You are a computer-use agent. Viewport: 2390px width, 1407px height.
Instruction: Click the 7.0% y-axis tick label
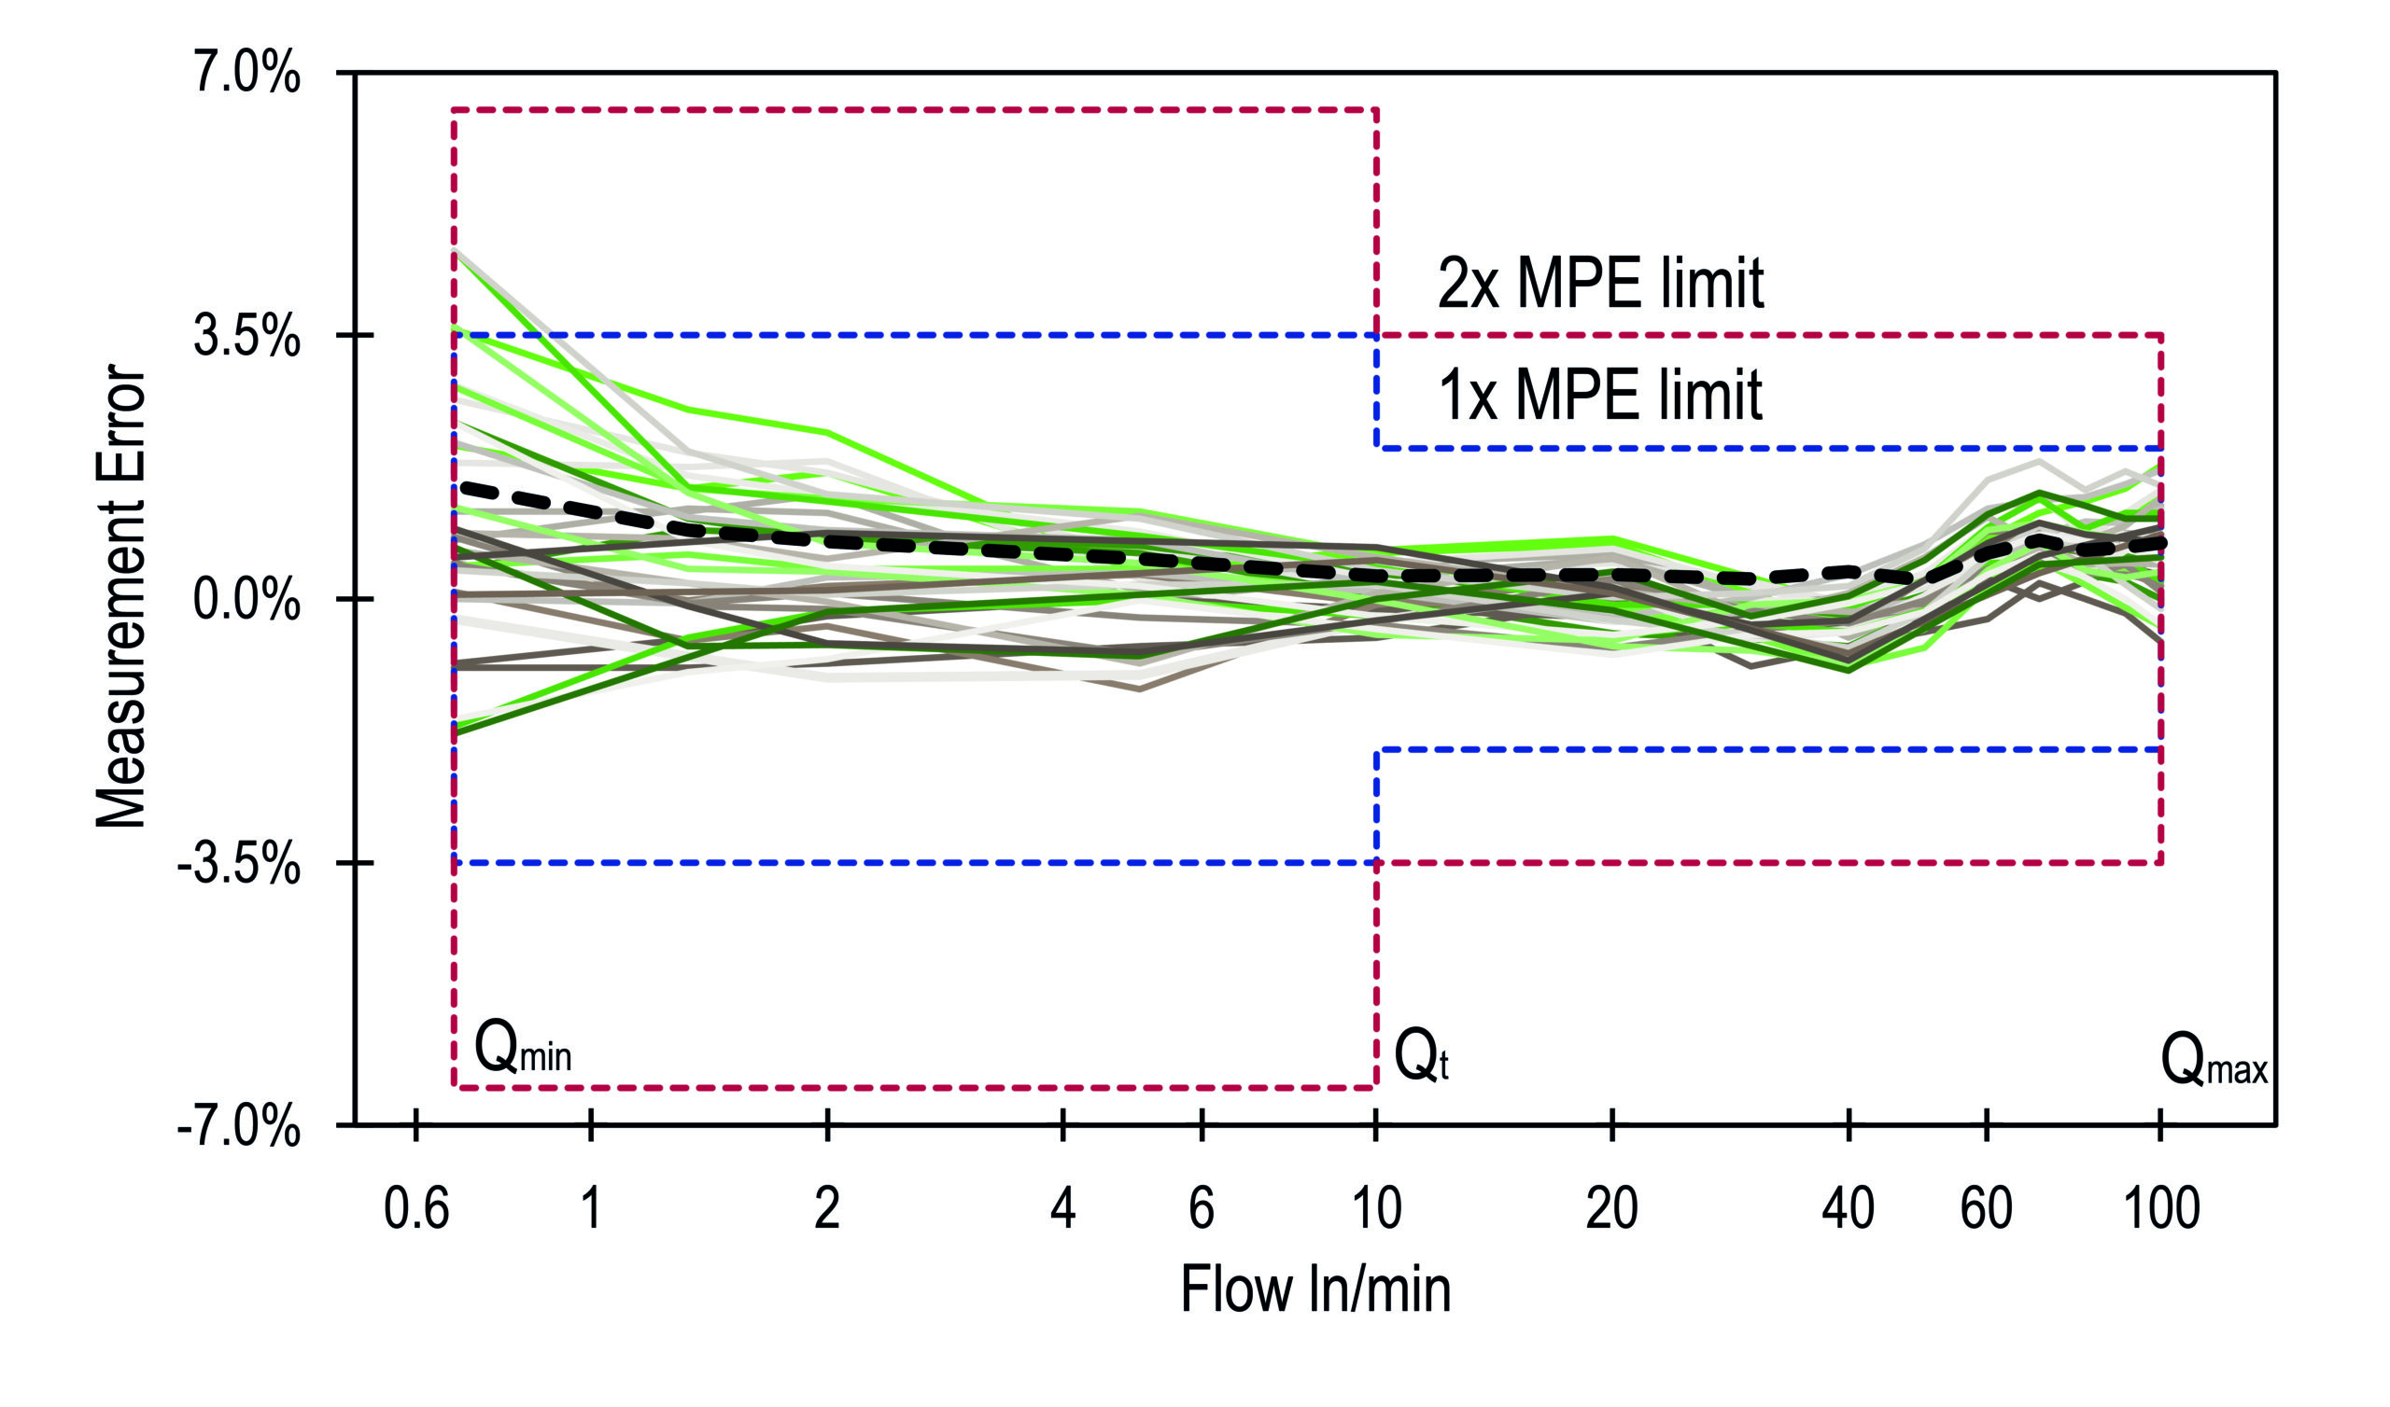(246, 73)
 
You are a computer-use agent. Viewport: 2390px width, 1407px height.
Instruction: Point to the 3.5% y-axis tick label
(246, 337)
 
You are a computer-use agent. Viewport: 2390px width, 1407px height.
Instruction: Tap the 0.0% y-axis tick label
(246, 600)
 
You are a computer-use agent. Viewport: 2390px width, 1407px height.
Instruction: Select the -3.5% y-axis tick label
(239, 865)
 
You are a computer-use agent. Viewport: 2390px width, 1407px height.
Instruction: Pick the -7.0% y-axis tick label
(239, 1128)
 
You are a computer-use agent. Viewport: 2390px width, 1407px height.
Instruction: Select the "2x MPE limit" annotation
(1601, 283)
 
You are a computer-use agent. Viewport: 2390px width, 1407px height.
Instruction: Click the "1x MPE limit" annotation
(1601, 395)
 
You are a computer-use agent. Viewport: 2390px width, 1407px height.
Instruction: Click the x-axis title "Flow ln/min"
(1315, 1290)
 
